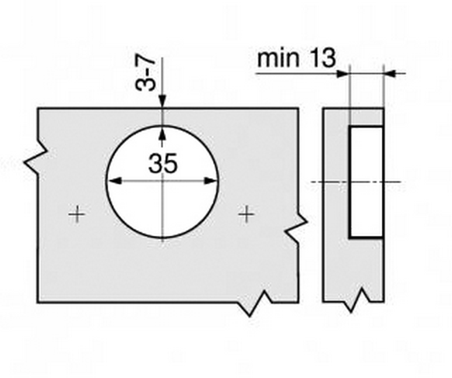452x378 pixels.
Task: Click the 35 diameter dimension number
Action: (163, 163)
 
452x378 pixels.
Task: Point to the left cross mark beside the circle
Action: (77, 214)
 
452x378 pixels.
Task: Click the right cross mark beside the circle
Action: (246, 214)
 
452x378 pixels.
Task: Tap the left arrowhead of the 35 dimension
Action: (115, 181)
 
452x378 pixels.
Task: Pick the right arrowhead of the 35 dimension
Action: (210, 181)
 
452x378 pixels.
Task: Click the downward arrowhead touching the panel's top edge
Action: (162, 102)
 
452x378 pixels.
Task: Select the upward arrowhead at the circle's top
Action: (162, 133)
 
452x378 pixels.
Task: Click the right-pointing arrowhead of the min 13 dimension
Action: (343, 73)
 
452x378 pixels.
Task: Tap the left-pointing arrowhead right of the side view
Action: (390, 73)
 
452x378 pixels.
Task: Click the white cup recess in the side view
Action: (367, 182)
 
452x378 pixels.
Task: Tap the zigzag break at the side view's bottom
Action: (356, 300)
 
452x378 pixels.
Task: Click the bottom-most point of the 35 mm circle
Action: (162, 238)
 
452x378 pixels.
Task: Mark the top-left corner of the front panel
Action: (38, 109)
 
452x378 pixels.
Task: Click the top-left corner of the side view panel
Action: (323, 109)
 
